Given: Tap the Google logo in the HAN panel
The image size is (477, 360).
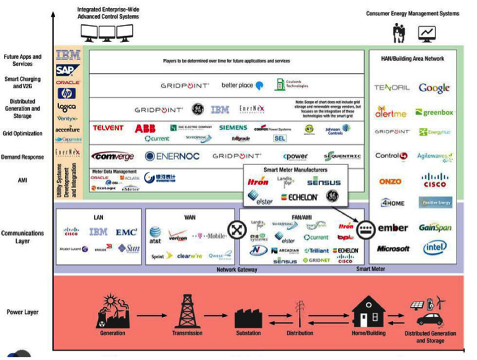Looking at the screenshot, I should tap(434, 88).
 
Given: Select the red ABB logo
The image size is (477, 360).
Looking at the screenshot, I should tap(146, 128).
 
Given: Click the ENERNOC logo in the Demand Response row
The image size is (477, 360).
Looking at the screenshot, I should tap(174, 156).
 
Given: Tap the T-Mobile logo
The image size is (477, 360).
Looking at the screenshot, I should tap(209, 236).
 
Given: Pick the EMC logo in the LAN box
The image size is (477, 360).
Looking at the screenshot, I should tap(126, 232).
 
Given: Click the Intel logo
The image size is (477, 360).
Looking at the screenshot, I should tap(434, 248).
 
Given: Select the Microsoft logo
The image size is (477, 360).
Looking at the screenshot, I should tap(393, 248).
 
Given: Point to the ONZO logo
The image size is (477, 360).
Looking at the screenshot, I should tap(391, 182).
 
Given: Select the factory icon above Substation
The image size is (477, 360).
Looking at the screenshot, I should tap(247, 317).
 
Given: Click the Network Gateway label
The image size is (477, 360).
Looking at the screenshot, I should tap(236, 270).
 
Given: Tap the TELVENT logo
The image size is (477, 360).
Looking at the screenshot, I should tap(108, 128).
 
